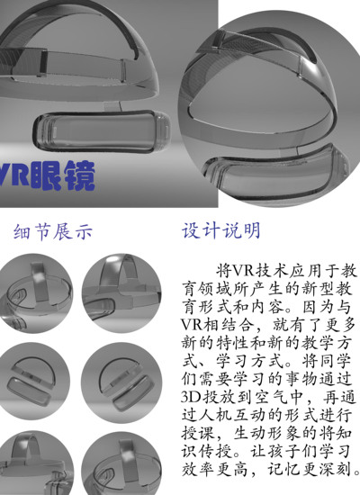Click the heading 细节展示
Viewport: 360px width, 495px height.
tap(53, 231)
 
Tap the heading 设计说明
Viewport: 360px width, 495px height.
tap(221, 230)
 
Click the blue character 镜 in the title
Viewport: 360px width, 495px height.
tap(80, 175)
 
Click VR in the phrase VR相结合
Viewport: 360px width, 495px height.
tap(192, 324)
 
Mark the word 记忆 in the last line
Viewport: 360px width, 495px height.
tap(284, 469)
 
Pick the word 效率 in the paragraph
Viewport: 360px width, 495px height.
tap(199, 469)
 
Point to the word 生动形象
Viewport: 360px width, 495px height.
tap(268, 433)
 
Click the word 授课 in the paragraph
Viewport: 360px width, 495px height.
tap(199, 433)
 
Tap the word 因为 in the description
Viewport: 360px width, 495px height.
tap(319, 306)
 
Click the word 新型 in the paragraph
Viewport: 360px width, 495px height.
tap(319, 288)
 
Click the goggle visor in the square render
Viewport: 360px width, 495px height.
tap(102, 130)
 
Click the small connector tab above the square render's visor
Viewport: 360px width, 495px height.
tap(112, 106)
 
